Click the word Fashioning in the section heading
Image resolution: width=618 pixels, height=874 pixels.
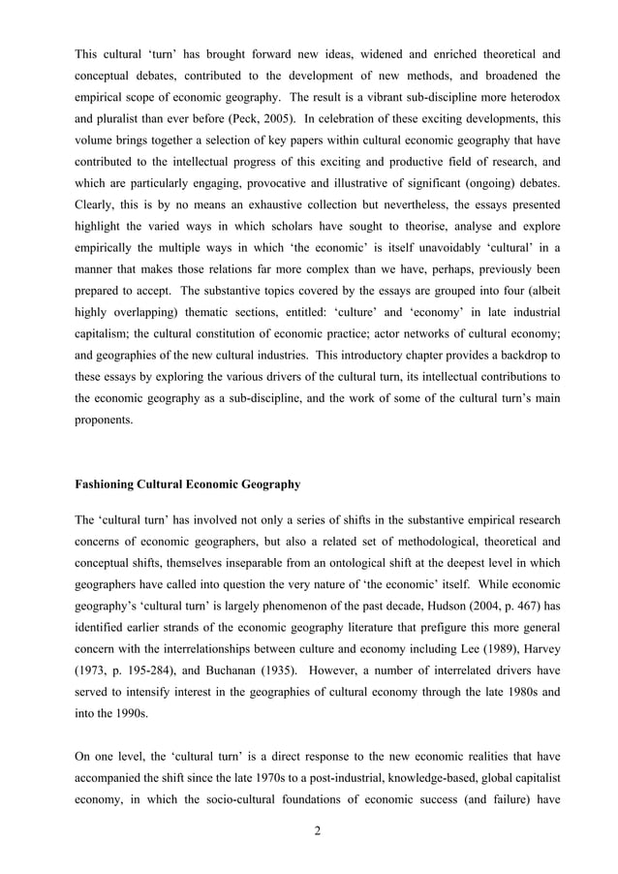coord(108,484)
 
